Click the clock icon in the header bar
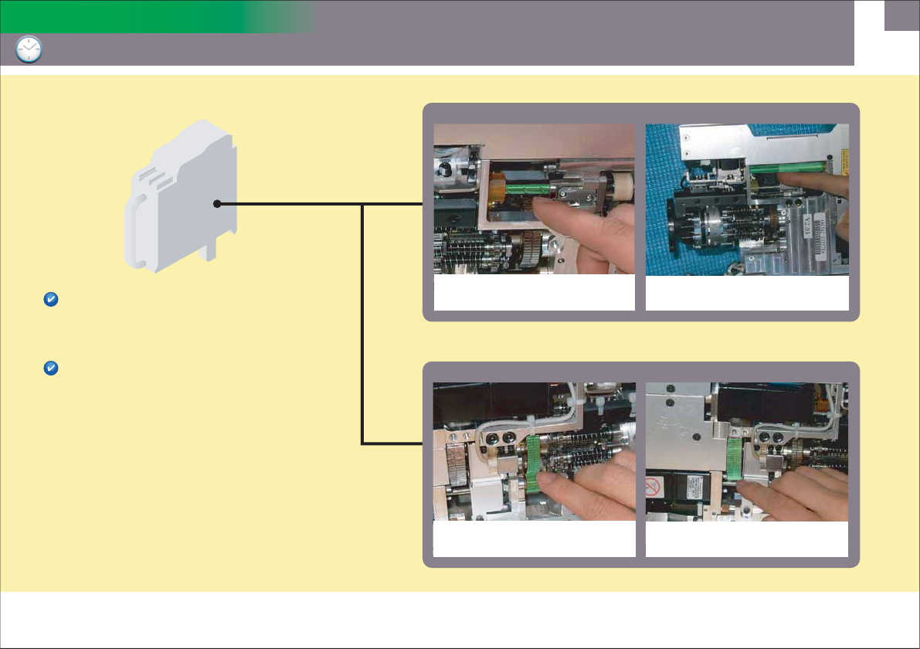(29, 50)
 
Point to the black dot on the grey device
(218, 204)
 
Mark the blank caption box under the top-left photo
(534, 294)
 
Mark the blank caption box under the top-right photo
(747, 294)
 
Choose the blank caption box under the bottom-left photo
(534, 539)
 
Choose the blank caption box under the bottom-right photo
(747, 539)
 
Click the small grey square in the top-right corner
(901, 15)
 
